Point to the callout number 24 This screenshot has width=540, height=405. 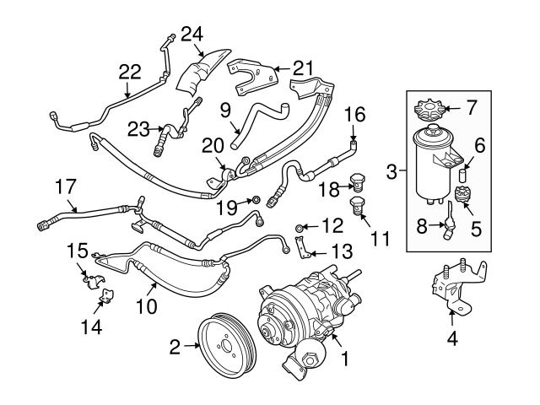[192, 35]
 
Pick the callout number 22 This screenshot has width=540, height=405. [129, 73]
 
